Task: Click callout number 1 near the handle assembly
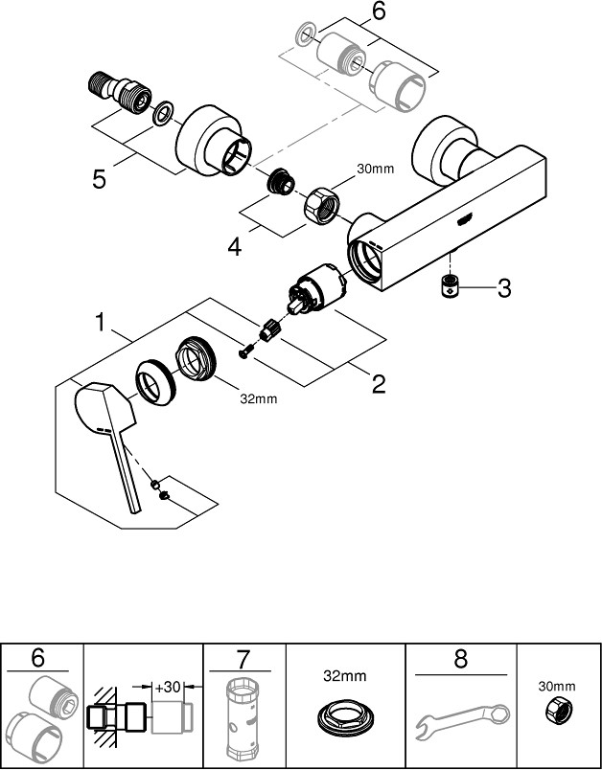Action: click(x=101, y=323)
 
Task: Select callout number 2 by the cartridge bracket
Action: click(x=379, y=384)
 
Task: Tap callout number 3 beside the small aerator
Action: click(x=503, y=289)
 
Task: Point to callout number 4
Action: click(x=235, y=247)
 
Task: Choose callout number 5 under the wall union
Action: click(x=99, y=180)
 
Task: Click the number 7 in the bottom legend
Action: click(x=243, y=659)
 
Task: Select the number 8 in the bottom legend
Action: click(x=460, y=659)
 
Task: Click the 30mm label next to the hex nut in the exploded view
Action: click(x=376, y=169)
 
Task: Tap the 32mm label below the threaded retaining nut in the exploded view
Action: click(x=259, y=399)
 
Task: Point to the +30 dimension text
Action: click(x=168, y=687)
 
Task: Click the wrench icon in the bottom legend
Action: click(x=462, y=721)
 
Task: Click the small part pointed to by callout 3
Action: click(x=449, y=285)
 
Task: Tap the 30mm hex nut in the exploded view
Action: click(x=321, y=206)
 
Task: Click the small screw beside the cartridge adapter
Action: click(x=245, y=351)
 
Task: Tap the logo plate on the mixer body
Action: click(x=465, y=219)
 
